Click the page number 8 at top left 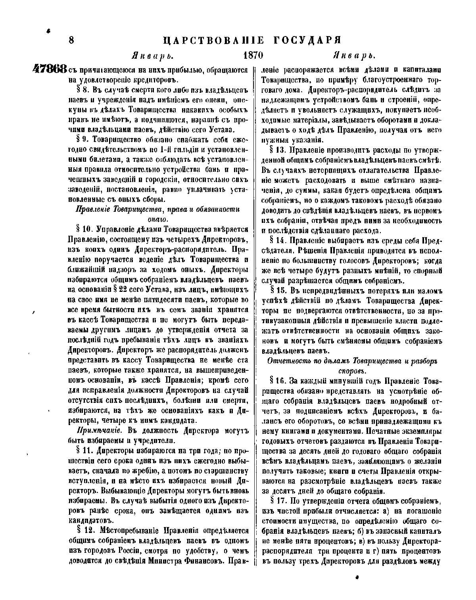pyautogui.click(x=72, y=40)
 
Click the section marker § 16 pyautogui.click(x=277, y=381)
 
